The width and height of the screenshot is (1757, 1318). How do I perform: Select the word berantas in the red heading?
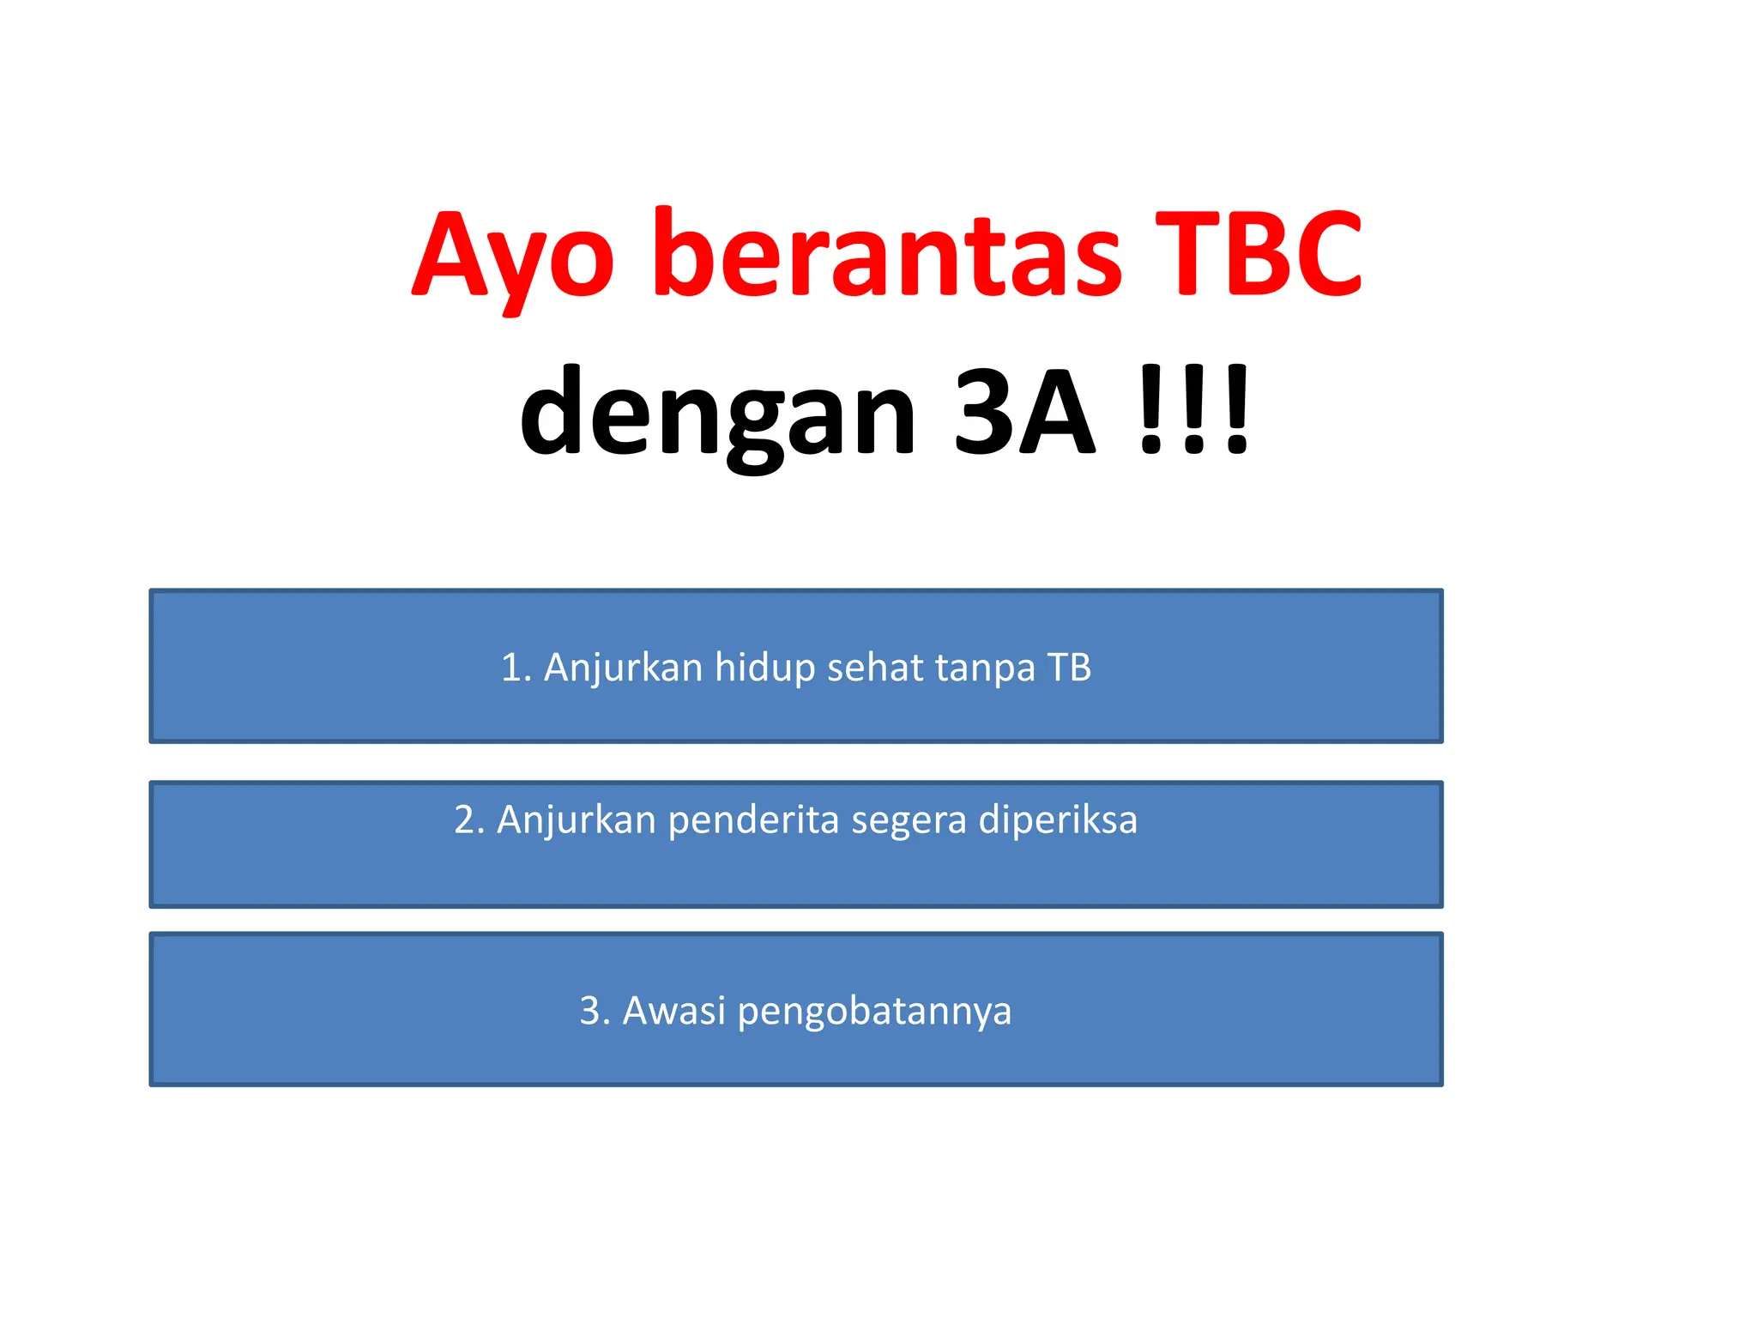tap(887, 254)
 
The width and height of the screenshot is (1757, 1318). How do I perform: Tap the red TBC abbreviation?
tap(1258, 254)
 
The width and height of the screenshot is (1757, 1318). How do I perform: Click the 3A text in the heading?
tap(1024, 412)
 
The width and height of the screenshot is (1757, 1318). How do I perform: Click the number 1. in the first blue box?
tap(516, 668)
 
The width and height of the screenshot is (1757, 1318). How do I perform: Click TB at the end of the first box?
tap(1069, 668)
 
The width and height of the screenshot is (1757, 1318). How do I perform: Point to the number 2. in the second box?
tap(469, 820)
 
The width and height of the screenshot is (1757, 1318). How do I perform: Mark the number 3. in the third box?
tap(595, 1011)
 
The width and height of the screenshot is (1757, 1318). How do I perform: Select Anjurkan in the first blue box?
tap(624, 668)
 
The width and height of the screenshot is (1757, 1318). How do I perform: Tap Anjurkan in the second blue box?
tap(577, 820)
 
